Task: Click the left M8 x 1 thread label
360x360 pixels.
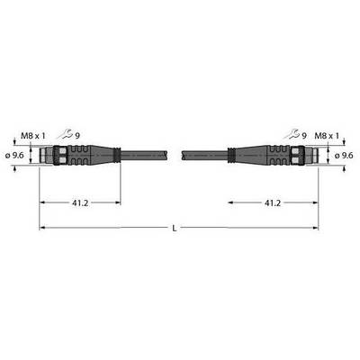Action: [33, 136]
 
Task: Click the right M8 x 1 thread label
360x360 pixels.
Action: [327, 136]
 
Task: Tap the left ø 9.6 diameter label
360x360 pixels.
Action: [15, 156]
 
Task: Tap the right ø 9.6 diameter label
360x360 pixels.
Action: [344, 156]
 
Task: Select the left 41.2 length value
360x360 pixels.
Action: [80, 203]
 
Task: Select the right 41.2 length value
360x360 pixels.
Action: [273, 203]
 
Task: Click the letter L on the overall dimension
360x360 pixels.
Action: [175, 229]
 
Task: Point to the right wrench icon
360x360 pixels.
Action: [292, 134]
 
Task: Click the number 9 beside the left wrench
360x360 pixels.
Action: [77, 136]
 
